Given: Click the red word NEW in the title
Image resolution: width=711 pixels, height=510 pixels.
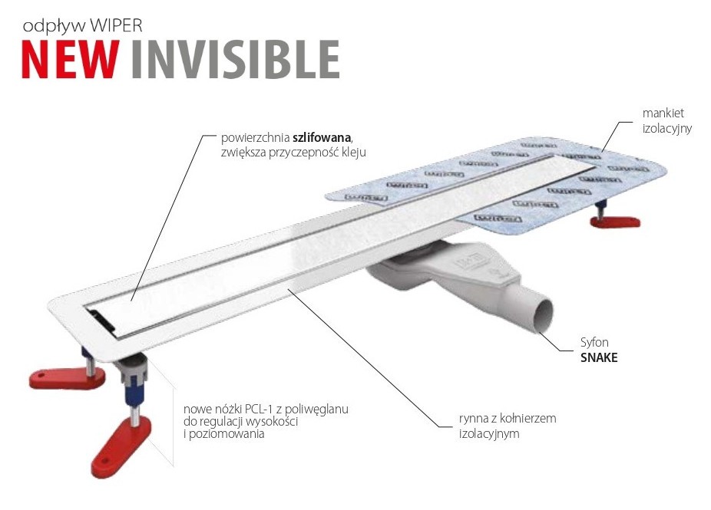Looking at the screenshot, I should point(70,59).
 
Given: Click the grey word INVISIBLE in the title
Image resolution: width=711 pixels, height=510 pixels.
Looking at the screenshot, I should point(234,59).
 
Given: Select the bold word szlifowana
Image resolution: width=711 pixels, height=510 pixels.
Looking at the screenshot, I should point(321,138).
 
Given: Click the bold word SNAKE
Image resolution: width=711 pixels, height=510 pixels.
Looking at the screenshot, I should point(600,358).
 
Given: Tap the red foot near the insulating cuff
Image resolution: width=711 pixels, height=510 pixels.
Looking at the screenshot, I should point(614,222).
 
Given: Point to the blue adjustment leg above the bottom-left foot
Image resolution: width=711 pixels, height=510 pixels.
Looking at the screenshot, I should point(131,400).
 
